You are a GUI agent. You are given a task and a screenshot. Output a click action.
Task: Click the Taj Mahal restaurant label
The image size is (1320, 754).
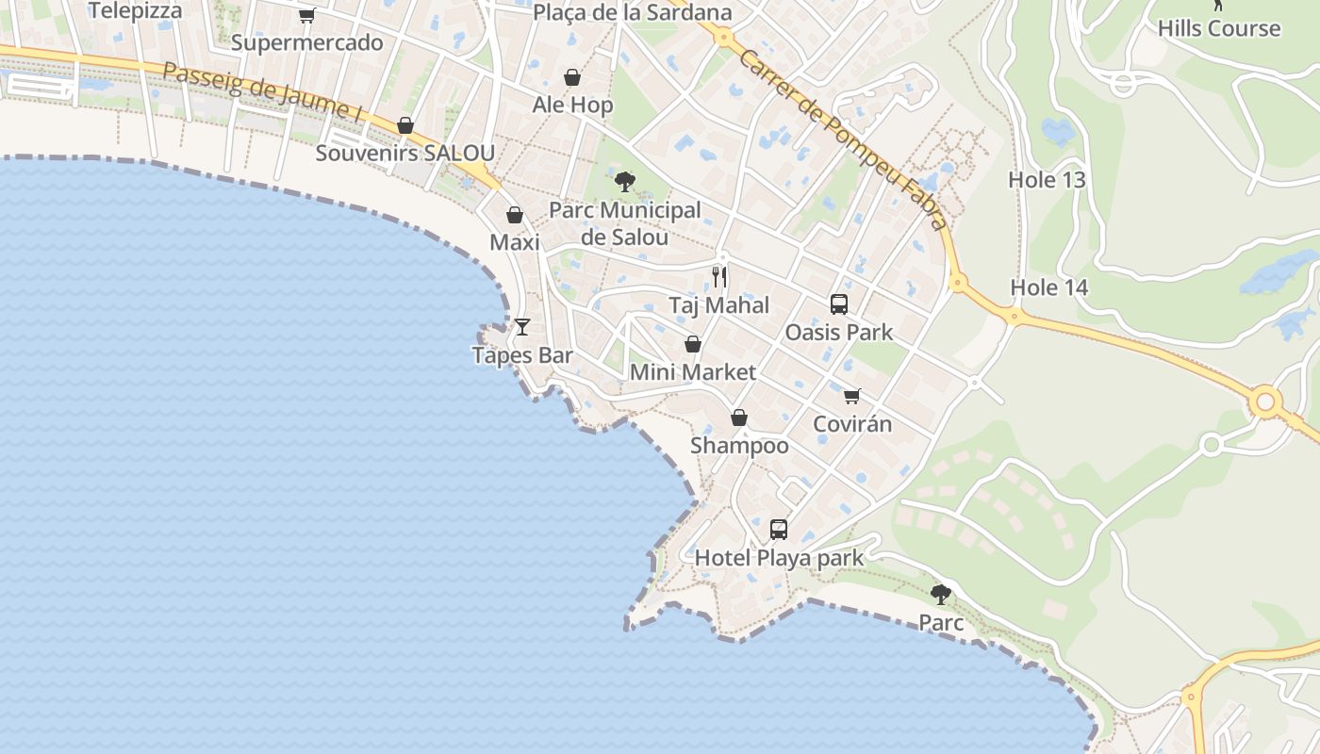(x=718, y=305)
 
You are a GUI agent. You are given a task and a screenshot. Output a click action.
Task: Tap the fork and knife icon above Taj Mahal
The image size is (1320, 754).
(x=719, y=277)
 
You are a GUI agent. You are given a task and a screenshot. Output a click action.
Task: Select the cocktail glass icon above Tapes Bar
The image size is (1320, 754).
(x=522, y=327)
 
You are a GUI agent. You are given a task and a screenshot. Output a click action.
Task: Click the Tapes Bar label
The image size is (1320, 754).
(x=522, y=355)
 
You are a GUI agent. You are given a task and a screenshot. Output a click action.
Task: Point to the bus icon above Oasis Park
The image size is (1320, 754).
(x=839, y=304)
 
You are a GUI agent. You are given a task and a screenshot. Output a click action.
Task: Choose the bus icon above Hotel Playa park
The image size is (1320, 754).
(x=779, y=530)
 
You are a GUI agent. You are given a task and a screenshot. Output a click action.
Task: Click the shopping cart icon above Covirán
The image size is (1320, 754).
(x=852, y=396)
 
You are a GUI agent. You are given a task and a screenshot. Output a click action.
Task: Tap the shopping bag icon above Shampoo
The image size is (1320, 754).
(x=739, y=418)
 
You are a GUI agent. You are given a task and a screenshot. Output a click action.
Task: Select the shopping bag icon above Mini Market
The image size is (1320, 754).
(x=693, y=344)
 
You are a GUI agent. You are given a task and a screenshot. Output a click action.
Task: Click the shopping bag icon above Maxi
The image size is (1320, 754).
(x=515, y=215)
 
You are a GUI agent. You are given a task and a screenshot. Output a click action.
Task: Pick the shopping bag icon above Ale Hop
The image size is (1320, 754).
(x=572, y=77)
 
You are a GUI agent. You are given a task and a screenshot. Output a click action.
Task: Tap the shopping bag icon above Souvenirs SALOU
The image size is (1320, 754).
(x=405, y=125)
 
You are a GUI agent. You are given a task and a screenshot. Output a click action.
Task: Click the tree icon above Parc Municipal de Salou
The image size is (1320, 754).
(x=624, y=182)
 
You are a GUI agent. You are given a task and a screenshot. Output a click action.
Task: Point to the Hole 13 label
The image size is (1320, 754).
(x=1048, y=180)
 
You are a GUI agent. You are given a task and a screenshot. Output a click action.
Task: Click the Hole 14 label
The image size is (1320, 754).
(x=1049, y=287)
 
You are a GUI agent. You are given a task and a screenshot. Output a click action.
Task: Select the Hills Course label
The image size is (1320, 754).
(x=1219, y=28)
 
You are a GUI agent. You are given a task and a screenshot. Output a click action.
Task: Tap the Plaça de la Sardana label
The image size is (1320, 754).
(x=633, y=12)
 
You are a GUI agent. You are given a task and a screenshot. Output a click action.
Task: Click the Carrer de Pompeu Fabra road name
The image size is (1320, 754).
(x=843, y=139)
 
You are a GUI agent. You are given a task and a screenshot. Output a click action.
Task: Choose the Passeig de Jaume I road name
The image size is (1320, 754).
(x=262, y=92)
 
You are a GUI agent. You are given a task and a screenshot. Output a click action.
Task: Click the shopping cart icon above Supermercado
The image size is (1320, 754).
(x=306, y=15)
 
